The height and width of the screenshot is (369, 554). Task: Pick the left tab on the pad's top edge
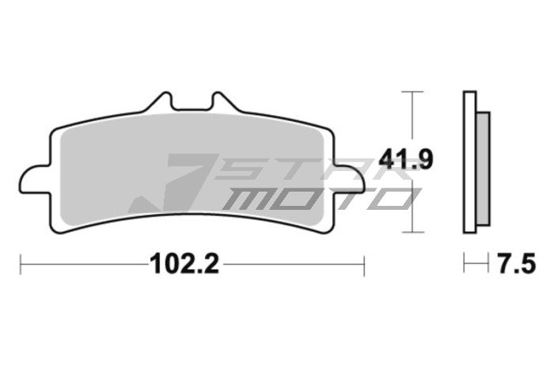pyautogui.click(x=163, y=103)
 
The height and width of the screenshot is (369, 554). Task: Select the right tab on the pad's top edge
pyautogui.click(x=221, y=103)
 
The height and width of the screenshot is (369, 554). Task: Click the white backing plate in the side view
pyautogui.click(x=469, y=162)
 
